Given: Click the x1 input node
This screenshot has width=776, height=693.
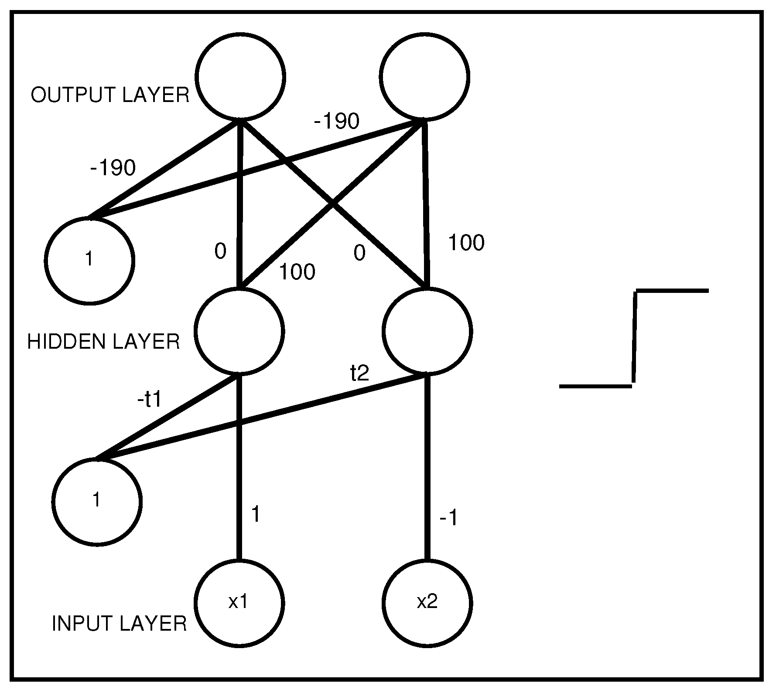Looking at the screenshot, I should (239, 603).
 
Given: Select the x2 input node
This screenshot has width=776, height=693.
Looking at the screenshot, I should (427, 603).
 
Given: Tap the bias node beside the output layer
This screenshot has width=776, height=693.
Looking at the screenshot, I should (89, 260).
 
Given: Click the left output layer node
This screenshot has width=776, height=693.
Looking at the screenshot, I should (240, 76).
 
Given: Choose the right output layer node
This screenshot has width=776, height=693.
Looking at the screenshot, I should (424, 76).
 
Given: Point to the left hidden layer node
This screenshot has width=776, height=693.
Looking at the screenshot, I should (239, 331).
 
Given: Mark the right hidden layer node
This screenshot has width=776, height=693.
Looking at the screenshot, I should (427, 331).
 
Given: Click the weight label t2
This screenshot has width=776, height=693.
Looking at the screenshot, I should (360, 373).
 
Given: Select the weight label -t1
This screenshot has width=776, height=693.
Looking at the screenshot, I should (150, 399).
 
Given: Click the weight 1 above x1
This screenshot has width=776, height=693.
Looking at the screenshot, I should (256, 515).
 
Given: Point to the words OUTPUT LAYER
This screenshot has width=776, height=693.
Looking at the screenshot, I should (110, 95).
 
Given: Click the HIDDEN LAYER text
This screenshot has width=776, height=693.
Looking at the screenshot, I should (103, 342).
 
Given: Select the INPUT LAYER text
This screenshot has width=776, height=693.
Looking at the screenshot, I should (119, 624).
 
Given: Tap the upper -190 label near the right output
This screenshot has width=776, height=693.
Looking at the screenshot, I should (336, 121).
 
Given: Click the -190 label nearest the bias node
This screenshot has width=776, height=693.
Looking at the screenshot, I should (113, 168).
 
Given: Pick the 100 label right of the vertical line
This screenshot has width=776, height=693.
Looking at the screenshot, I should (466, 243).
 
